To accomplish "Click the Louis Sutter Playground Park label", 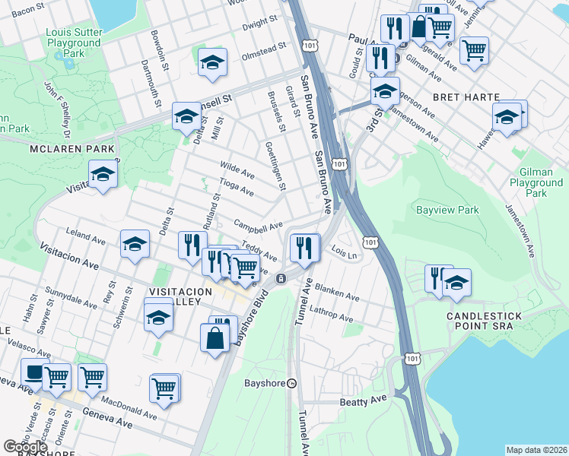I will [x=74, y=43].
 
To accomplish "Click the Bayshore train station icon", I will [x=291, y=384].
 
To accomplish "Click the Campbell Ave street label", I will [x=258, y=226].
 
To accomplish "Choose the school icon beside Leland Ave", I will [x=135, y=244].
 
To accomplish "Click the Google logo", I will [x=25, y=447].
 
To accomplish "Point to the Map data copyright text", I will [x=536, y=450].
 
